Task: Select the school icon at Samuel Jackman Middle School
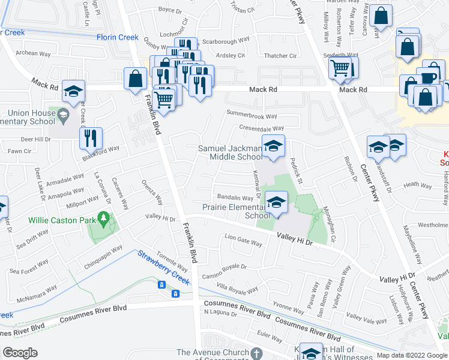[x=273, y=147]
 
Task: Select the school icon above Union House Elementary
[x=74, y=91]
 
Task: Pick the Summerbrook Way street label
[x=252, y=116]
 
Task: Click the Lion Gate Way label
[x=243, y=242]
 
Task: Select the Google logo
[x=20, y=352]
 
